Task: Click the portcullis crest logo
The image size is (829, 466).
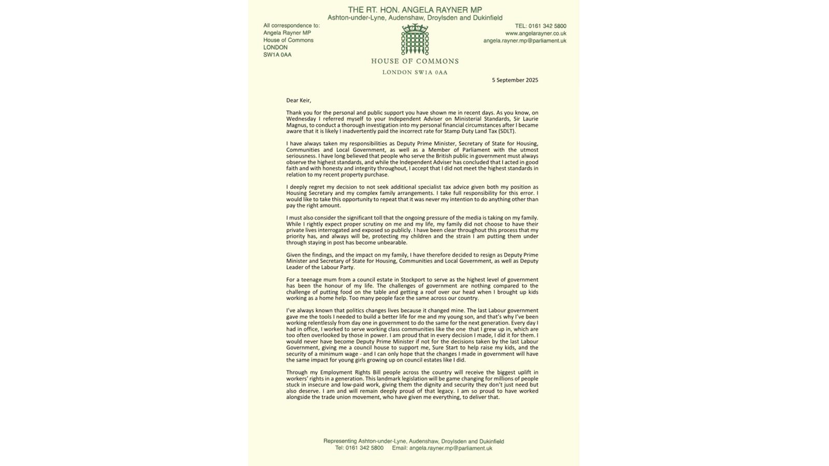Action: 414,39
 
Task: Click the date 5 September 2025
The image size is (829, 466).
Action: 515,80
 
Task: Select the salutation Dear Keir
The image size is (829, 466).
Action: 298,100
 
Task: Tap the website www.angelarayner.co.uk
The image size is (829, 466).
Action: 535,33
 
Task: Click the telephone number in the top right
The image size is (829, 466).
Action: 540,26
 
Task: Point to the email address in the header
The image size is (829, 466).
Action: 524,40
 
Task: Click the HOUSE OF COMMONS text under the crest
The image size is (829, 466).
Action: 414,61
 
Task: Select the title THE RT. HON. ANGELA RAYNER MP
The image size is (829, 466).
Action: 414,9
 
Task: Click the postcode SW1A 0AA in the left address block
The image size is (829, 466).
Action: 277,54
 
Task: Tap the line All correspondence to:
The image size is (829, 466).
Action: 291,25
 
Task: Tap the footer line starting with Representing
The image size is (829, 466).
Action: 413,441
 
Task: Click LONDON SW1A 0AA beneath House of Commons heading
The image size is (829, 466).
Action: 414,72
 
